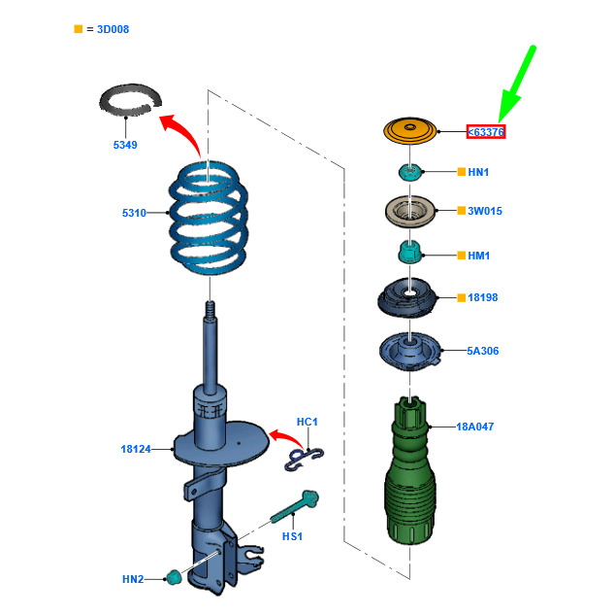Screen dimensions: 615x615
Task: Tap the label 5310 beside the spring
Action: tap(134, 213)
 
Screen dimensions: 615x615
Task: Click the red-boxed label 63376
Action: tap(486, 131)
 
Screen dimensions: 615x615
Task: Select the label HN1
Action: tap(478, 172)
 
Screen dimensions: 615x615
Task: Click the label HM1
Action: tap(479, 256)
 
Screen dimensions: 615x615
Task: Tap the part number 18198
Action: tap(482, 297)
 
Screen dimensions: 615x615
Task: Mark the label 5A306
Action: tap(483, 351)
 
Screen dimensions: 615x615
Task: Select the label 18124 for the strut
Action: tap(136, 449)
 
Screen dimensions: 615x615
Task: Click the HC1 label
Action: tap(307, 422)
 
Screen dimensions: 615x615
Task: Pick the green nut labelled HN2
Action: tap(174, 577)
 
